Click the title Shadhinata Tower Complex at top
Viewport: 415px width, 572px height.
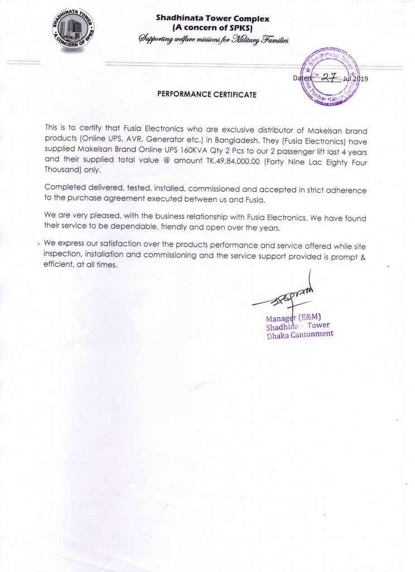pyautogui.click(x=214, y=19)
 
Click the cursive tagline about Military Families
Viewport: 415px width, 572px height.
pyautogui.click(x=214, y=39)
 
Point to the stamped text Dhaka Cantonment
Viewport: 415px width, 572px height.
pyautogui.click(x=300, y=334)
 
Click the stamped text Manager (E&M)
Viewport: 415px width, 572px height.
pyautogui.click(x=293, y=318)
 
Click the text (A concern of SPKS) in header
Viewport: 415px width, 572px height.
pyautogui.click(x=214, y=28)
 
